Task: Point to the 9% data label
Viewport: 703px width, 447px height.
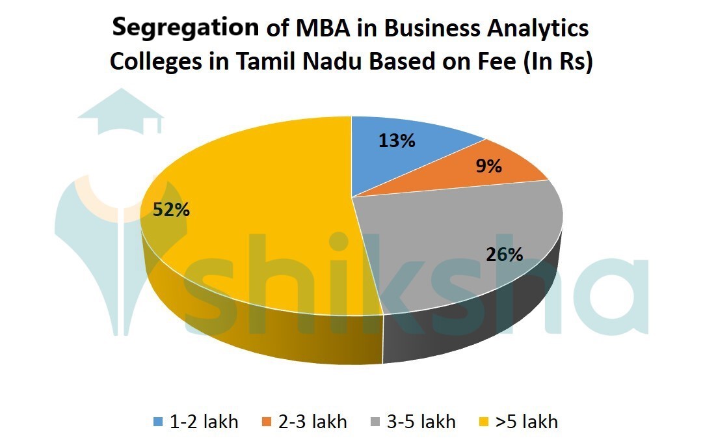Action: point(488,166)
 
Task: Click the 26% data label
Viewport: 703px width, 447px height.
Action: point(505,254)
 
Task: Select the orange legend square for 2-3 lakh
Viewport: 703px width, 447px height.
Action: point(267,422)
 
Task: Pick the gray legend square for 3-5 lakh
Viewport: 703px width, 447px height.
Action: point(376,422)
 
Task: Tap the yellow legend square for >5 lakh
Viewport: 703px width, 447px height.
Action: point(484,422)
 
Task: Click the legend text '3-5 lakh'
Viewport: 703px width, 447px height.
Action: point(421,422)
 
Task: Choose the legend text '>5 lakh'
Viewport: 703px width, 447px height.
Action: point(527,422)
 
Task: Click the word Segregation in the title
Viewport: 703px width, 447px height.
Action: point(185,29)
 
